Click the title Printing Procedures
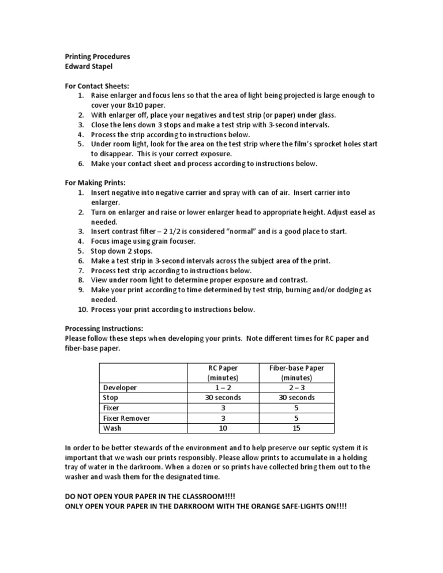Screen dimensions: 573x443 (x=97, y=56)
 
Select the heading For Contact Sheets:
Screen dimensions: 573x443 (x=97, y=85)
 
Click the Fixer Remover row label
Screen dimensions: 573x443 (x=126, y=418)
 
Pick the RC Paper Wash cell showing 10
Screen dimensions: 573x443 (x=223, y=428)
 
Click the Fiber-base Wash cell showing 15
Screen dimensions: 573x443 (x=296, y=428)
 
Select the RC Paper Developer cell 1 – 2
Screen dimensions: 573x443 (x=223, y=388)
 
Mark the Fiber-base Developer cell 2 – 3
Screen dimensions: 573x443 (x=296, y=388)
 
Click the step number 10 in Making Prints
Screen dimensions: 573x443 (x=81, y=310)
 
